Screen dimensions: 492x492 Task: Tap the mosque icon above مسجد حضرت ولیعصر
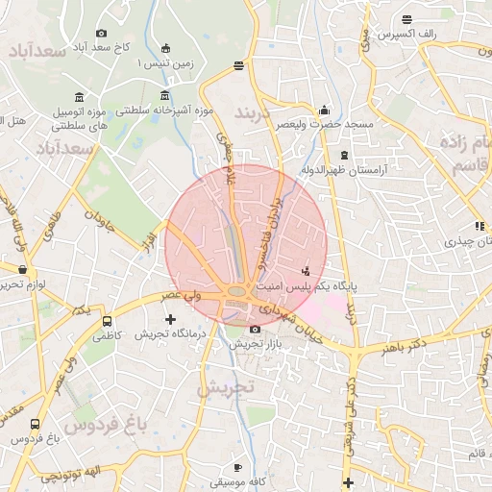click(x=324, y=110)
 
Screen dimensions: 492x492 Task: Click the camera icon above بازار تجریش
click(x=255, y=329)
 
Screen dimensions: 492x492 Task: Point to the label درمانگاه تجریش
click(x=171, y=333)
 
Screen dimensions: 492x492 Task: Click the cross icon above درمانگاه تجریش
click(x=171, y=318)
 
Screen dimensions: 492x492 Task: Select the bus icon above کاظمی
click(x=107, y=322)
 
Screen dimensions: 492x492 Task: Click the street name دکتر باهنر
click(x=403, y=344)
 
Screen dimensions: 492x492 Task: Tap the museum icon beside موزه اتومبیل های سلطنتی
click(x=78, y=97)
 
